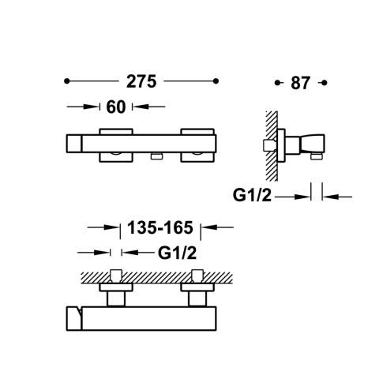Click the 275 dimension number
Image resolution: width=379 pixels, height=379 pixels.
[141, 81]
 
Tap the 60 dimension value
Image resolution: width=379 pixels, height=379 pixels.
[116, 107]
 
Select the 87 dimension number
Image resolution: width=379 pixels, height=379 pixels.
[300, 83]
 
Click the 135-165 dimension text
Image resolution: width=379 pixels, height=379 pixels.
[160, 227]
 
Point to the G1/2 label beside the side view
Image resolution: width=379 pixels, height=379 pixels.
[252, 195]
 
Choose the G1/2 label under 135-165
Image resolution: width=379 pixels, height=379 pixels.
[177, 253]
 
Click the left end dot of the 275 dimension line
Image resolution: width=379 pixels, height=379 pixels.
[67, 81]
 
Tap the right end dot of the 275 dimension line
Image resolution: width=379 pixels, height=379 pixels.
[216, 81]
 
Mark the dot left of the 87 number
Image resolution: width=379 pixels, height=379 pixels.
[277, 83]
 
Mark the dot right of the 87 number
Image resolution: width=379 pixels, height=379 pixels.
[325, 83]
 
